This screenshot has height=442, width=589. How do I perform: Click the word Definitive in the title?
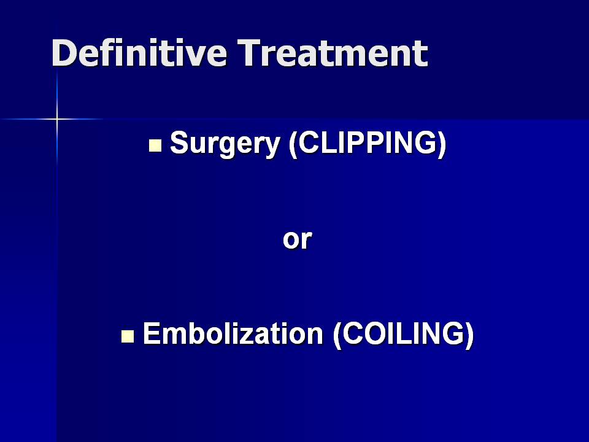tap(139, 53)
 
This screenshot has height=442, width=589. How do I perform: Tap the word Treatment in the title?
tap(333, 53)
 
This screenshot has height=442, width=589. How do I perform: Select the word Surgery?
tap(225, 144)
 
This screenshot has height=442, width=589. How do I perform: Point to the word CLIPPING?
tap(368, 143)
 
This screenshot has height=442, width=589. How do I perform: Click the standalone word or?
tap(297, 239)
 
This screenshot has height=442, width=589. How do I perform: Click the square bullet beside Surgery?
tap(155, 145)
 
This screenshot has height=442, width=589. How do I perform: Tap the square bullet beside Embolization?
tap(128, 336)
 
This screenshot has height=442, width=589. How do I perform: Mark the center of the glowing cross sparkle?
tap(57, 119)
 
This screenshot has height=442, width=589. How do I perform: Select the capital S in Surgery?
tap(179, 142)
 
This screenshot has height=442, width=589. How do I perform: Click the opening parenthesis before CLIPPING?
tap(293, 144)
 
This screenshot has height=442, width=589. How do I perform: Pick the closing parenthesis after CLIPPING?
tap(442, 144)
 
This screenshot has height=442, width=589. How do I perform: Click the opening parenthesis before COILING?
tap(337, 335)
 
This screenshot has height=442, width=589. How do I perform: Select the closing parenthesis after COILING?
tap(469, 335)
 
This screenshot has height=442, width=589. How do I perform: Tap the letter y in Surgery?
tap(272, 147)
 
